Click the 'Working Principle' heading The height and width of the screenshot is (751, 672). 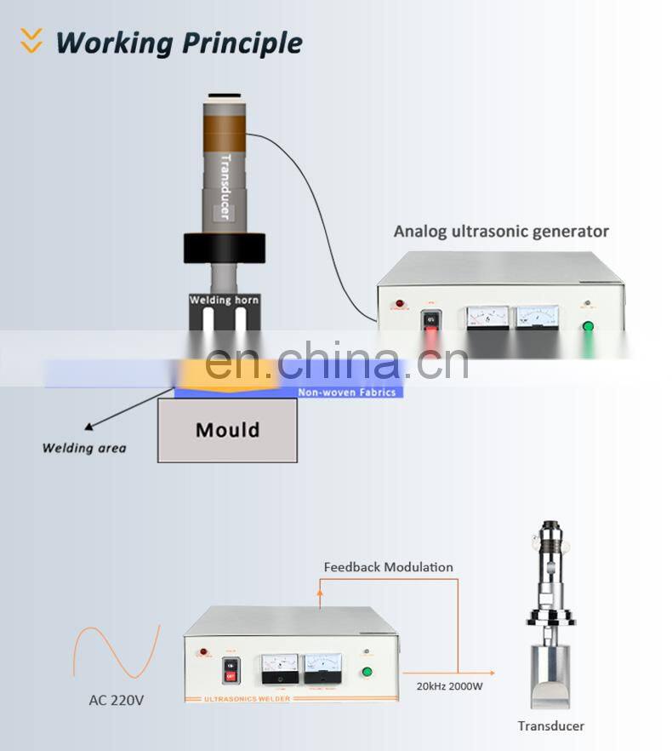coord(179,42)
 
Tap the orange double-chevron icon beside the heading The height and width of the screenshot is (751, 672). coord(31,40)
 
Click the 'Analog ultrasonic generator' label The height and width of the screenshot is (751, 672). coord(501,231)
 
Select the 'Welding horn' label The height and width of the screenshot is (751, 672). coord(224,300)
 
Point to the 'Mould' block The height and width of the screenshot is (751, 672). coord(227,430)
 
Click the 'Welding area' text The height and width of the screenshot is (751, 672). coord(84,448)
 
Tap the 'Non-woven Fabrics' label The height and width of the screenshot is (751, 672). coord(346,393)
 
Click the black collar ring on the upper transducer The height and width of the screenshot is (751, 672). coord(225,246)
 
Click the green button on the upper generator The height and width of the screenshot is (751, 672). coord(587,326)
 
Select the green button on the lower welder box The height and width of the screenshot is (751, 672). coord(367,672)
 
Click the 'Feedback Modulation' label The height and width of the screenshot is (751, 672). coord(388,567)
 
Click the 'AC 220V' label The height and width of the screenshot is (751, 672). coord(117,701)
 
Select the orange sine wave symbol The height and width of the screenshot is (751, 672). coord(116,652)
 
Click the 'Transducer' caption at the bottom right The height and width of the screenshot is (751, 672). coord(551,726)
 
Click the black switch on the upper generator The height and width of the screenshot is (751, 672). coord(431,320)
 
